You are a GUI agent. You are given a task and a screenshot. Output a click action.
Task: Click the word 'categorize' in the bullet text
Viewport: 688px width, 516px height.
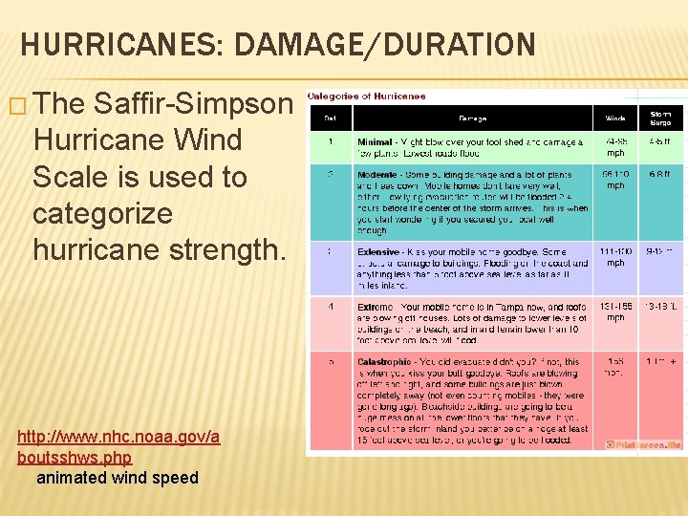102,213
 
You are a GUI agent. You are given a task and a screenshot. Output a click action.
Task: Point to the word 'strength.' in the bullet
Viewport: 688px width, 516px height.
228,249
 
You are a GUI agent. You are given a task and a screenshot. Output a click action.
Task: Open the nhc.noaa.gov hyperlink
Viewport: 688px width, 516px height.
118,446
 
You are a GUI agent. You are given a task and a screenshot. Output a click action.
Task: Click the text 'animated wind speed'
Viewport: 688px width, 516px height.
118,477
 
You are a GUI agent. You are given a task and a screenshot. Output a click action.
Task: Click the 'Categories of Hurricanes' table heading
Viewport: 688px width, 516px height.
367,96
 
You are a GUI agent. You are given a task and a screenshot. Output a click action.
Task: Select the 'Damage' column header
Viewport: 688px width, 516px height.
471,118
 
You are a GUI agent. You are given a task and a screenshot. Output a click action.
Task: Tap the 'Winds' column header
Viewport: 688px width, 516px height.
616,118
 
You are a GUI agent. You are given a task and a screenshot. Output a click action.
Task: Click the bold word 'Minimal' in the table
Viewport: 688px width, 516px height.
375,141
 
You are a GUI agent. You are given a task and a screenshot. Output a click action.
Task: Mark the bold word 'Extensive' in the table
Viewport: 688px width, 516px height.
379,252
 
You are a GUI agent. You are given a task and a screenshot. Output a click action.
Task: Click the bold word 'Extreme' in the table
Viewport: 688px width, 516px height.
376,308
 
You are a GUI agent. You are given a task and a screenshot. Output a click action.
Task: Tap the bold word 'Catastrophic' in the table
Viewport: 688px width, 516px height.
385,362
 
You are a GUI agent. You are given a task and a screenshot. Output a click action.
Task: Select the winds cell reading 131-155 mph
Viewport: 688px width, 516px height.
616,312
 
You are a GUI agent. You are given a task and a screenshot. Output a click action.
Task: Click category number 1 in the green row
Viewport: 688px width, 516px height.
330,141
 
